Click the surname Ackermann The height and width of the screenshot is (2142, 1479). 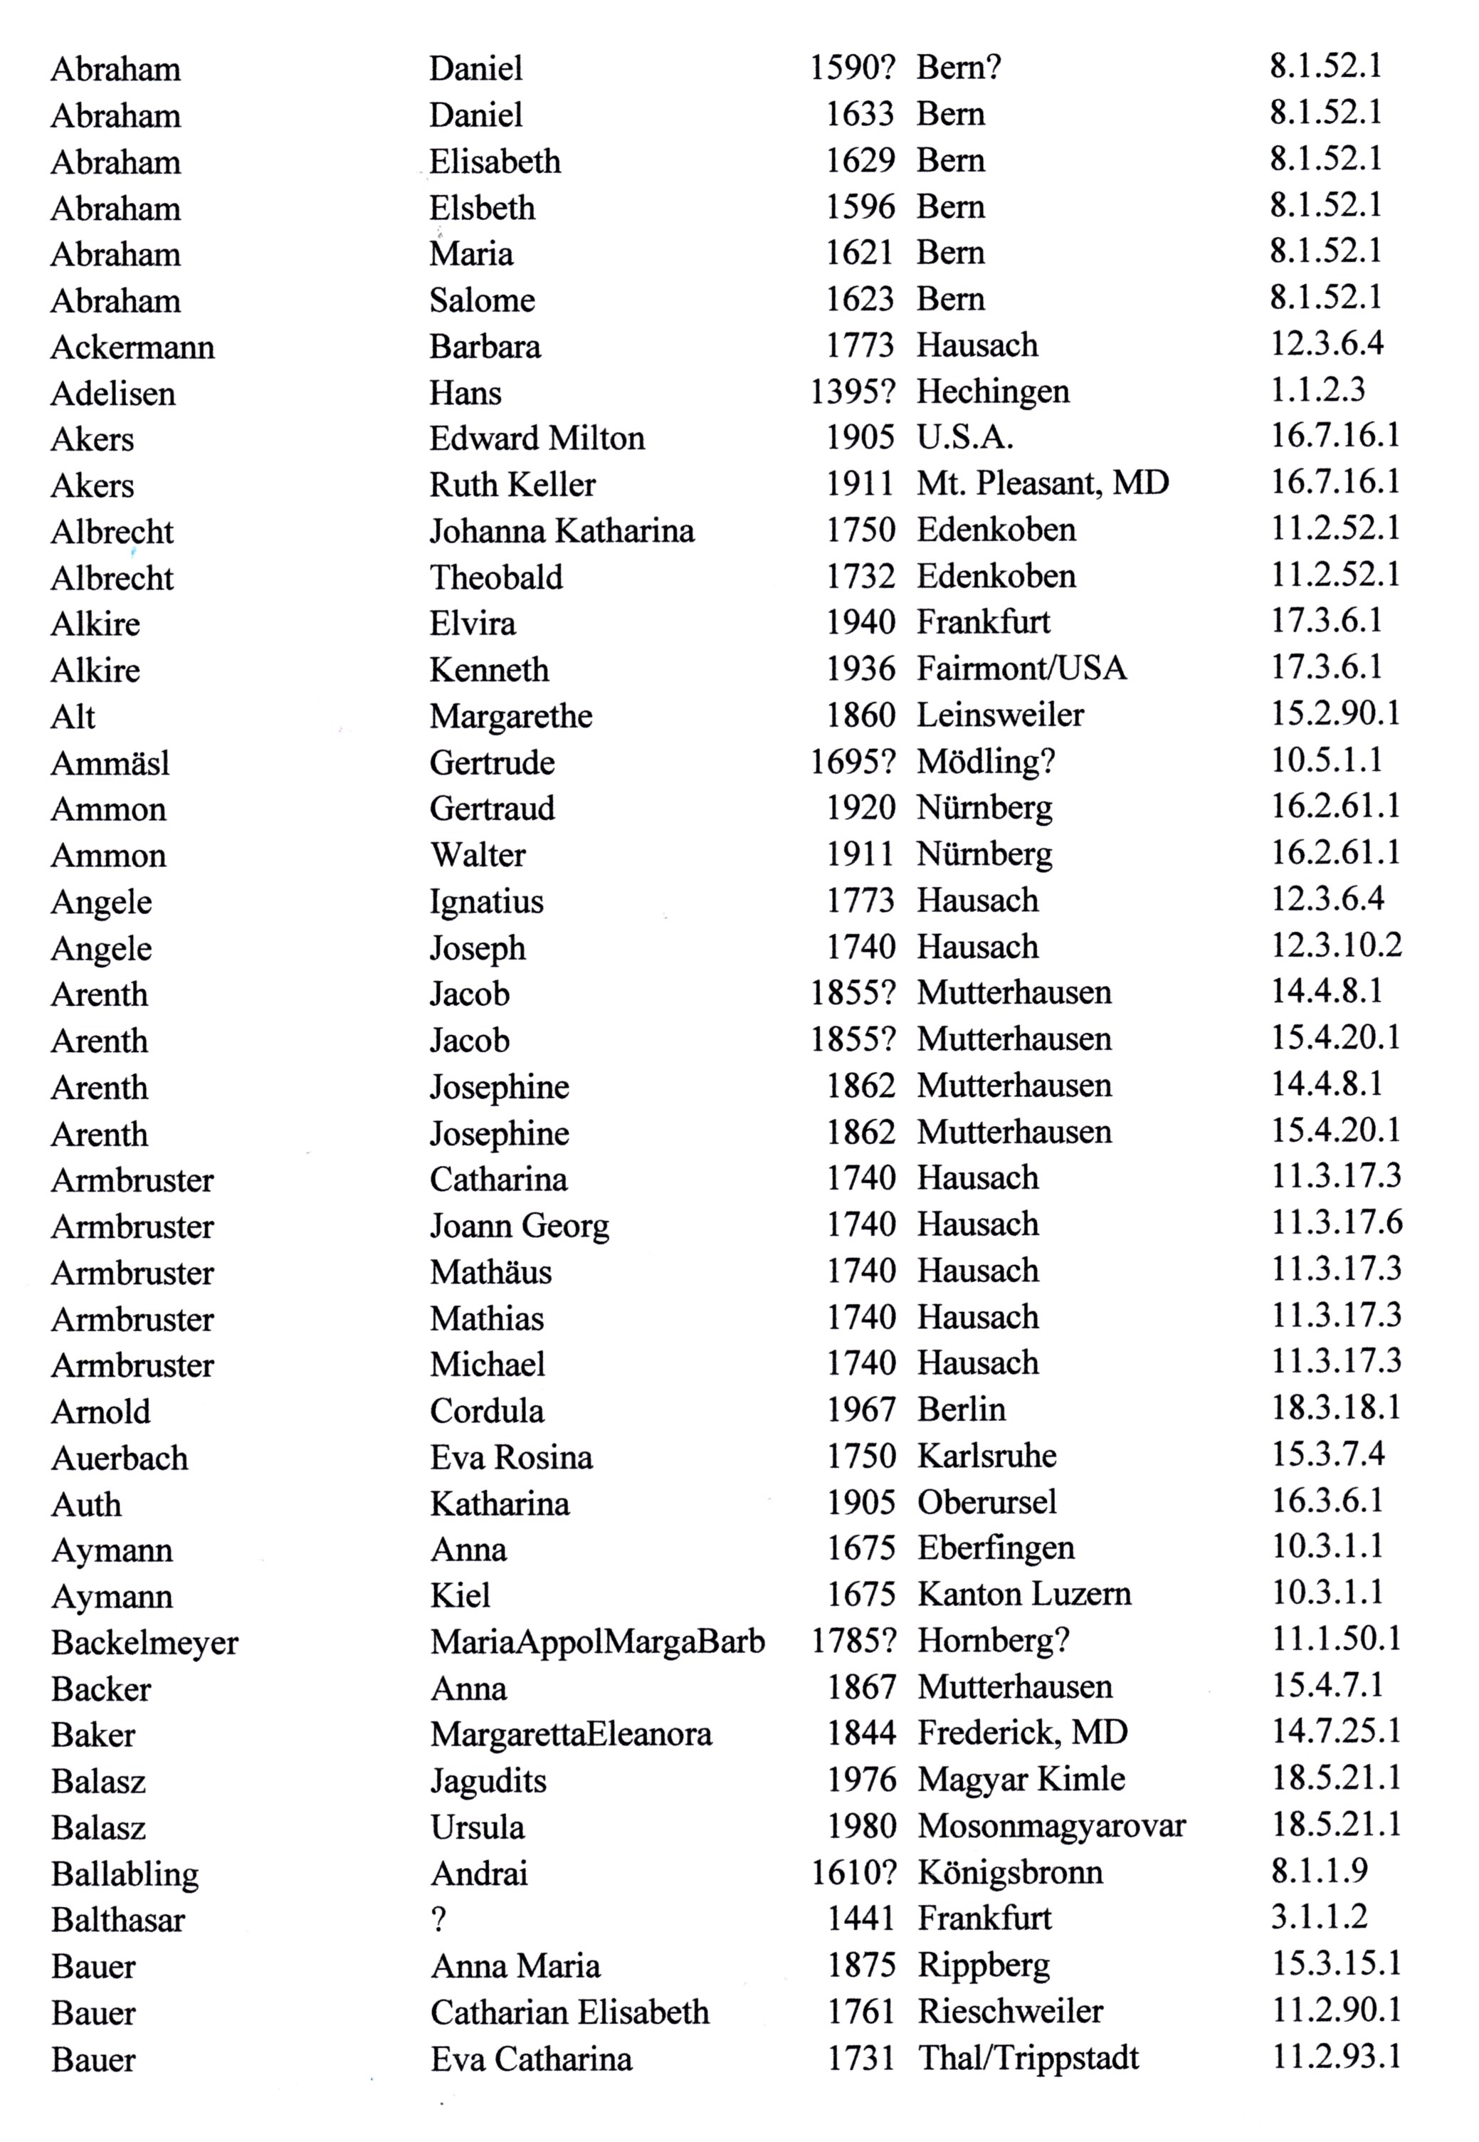(132, 347)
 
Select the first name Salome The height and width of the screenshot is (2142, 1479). (482, 300)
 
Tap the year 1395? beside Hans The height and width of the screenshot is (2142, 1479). (853, 392)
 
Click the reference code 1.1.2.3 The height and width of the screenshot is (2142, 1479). (1317, 389)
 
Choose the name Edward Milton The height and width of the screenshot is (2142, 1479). (537, 439)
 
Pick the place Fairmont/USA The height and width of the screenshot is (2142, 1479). (1021, 668)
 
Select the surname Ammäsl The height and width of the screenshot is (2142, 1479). (110, 764)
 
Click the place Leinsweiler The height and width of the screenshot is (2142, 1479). (1000, 715)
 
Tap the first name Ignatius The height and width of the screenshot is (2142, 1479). (487, 902)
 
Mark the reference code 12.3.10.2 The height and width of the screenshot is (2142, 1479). (1336, 945)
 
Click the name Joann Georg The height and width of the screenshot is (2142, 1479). (519, 1227)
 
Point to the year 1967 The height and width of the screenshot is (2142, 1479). (861, 1409)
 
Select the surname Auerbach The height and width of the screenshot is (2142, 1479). (120, 1458)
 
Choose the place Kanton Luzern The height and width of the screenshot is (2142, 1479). (1024, 1594)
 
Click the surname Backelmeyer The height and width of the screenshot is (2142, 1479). (144, 1642)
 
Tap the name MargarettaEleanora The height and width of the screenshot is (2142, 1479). (571, 1734)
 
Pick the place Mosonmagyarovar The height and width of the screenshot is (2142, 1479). (1052, 1826)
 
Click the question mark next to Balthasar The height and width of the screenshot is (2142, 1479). (438, 1918)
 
